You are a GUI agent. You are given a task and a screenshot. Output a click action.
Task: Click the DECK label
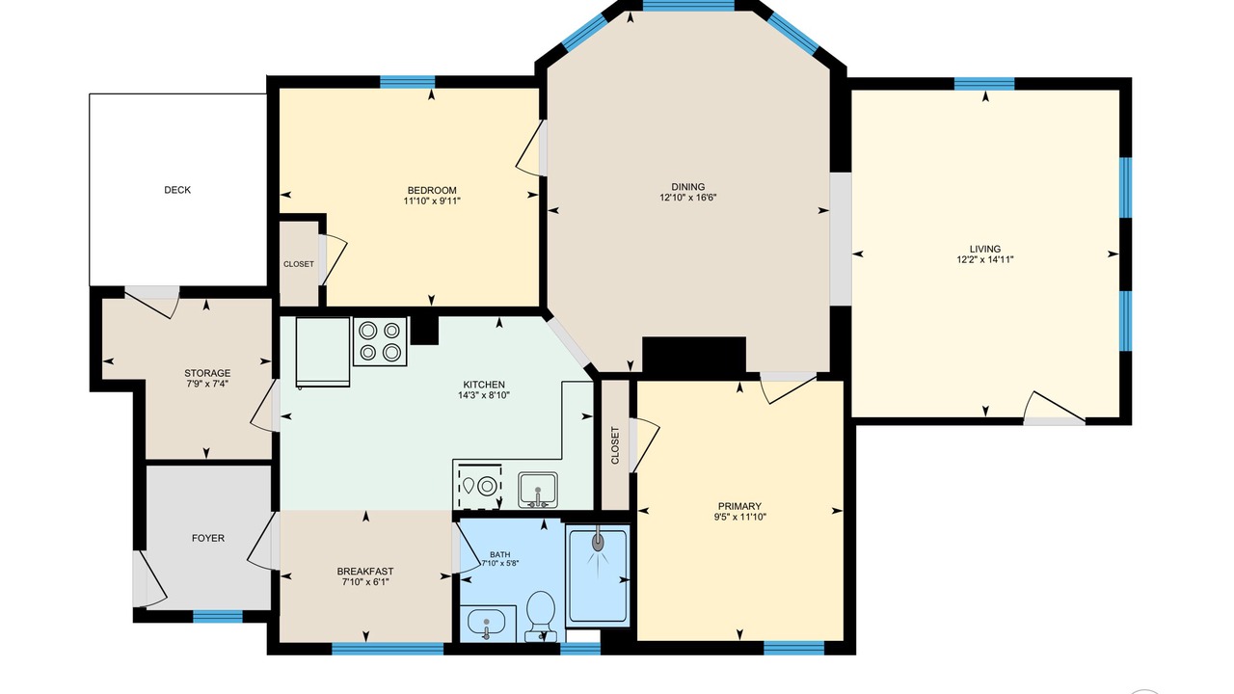pyautogui.click(x=177, y=190)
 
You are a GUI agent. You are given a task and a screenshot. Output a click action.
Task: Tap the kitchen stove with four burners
pyautogui.click(x=380, y=341)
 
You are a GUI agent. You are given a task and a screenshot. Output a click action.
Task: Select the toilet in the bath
pyautogui.click(x=540, y=616)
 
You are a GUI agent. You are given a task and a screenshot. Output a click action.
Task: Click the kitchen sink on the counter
pyautogui.click(x=538, y=490)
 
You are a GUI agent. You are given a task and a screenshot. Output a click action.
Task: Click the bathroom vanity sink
pyautogui.click(x=487, y=623)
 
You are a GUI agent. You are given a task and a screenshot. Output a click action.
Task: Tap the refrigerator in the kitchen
pyautogui.click(x=323, y=352)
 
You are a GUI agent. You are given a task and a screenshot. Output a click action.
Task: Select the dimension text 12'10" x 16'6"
pyautogui.click(x=688, y=198)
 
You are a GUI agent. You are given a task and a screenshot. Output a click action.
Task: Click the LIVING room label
pyautogui.click(x=985, y=249)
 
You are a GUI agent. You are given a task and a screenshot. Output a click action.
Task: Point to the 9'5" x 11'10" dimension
pyautogui.click(x=739, y=517)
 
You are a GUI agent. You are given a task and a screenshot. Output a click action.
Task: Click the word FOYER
pyautogui.click(x=208, y=538)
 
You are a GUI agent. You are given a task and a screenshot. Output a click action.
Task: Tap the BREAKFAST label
pyautogui.click(x=365, y=572)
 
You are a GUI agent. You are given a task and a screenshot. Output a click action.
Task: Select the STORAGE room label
pyautogui.click(x=207, y=373)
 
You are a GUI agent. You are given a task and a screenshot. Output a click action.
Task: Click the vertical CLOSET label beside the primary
pyautogui.click(x=615, y=445)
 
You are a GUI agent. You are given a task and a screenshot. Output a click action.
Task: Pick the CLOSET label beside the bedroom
pyautogui.click(x=299, y=264)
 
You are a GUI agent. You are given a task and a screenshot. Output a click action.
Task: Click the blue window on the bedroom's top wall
pyautogui.click(x=407, y=82)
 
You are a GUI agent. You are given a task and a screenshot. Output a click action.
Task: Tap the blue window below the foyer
pyautogui.click(x=218, y=616)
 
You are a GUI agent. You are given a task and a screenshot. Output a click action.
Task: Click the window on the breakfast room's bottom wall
pyautogui.click(x=388, y=649)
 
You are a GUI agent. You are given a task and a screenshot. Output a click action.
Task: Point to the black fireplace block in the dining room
pyautogui.click(x=694, y=358)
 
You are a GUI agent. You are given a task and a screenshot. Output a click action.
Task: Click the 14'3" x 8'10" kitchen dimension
pyautogui.click(x=484, y=395)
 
